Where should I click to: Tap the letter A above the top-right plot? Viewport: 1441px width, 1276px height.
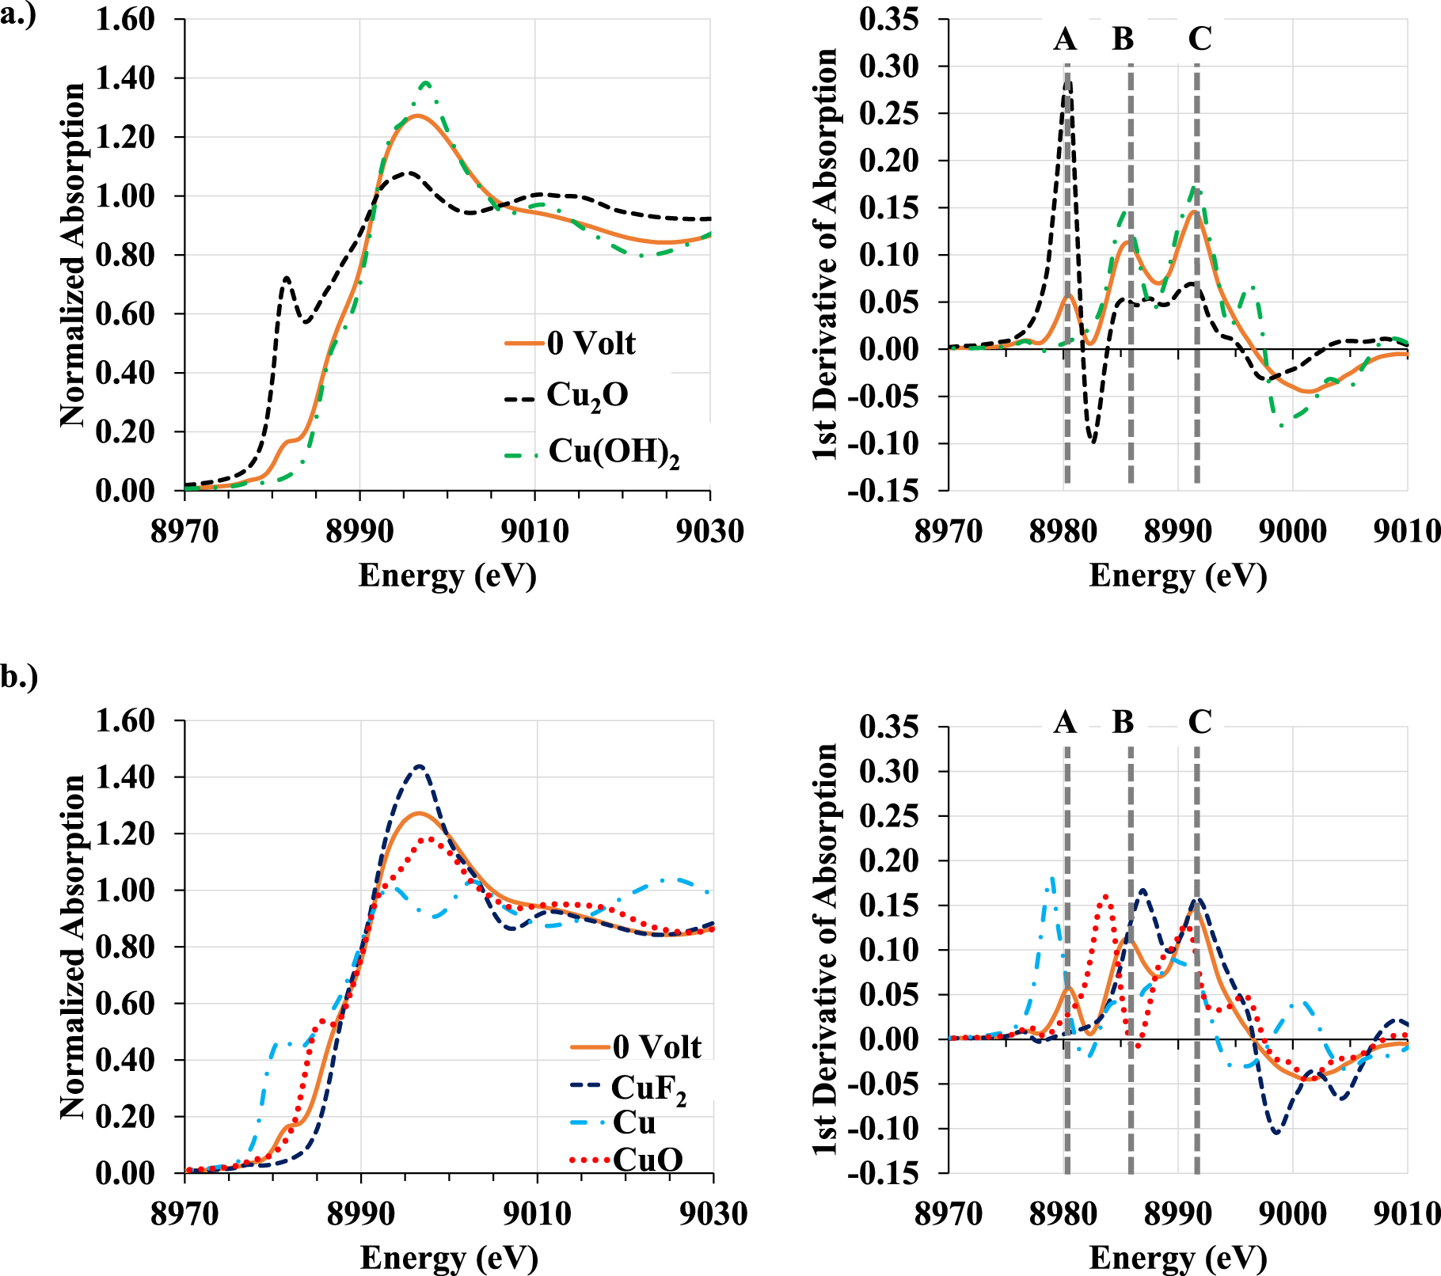(x=1065, y=38)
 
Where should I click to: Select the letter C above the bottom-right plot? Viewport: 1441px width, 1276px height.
(x=1200, y=721)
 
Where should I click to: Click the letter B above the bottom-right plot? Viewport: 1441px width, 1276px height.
(x=1123, y=721)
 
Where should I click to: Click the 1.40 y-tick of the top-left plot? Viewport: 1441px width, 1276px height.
(x=125, y=78)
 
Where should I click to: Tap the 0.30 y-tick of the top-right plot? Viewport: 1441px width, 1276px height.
(x=889, y=66)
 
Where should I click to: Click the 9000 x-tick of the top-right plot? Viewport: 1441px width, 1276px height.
(x=1292, y=530)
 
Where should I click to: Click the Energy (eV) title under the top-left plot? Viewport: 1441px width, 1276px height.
(x=447, y=575)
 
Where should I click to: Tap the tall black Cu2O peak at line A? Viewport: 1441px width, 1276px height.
(x=1067, y=79)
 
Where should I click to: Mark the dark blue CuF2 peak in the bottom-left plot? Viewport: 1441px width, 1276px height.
(x=419, y=765)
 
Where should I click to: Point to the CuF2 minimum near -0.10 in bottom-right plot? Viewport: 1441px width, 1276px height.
(x=1276, y=1132)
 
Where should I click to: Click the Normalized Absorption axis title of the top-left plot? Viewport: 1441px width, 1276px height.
(x=73, y=255)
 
